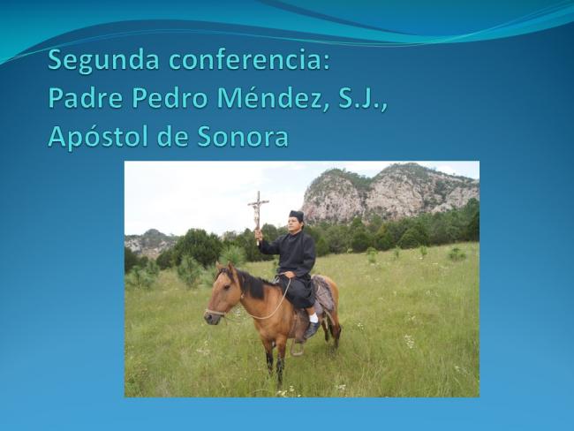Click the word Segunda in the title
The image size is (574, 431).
point(103,61)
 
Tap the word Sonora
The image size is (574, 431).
point(243,137)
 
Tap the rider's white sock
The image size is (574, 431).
point(313,317)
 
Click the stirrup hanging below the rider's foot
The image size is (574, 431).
point(297,348)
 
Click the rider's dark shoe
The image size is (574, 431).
point(312,330)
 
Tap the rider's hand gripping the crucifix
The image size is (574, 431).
point(259,234)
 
